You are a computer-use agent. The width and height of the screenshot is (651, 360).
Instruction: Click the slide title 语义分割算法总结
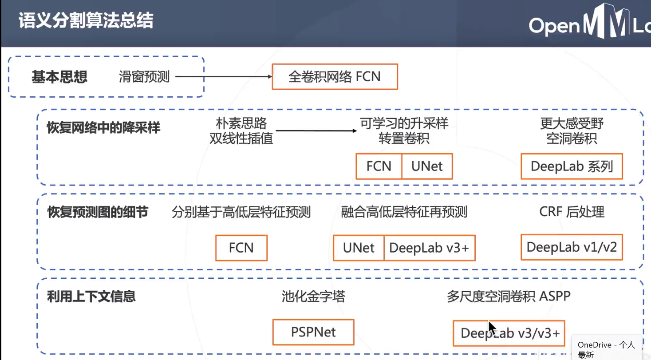pyautogui.click(x=86, y=21)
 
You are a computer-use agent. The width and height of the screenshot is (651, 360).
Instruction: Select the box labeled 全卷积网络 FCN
pyautogui.click(x=335, y=77)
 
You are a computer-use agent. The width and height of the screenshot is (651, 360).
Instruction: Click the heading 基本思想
pyautogui.click(x=59, y=77)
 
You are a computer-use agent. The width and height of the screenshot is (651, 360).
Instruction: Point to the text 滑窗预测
pyautogui.click(x=144, y=77)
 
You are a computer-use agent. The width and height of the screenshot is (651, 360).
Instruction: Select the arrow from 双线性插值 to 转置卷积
pyautogui.click(x=316, y=131)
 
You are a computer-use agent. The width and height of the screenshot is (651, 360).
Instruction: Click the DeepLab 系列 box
pyautogui.click(x=572, y=166)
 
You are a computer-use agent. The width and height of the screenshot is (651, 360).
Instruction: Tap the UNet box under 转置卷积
pyautogui.click(x=427, y=166)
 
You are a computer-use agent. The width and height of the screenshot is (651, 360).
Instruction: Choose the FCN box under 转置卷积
pyautogui.click(x=379, y=166)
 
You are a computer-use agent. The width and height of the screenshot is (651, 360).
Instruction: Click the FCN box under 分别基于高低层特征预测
pyautogui.click(x=241, y=248)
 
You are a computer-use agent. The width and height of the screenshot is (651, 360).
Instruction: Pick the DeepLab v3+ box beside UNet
pyautogui.click(x=429, y=248)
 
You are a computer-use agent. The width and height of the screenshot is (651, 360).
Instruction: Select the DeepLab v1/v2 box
pyautogui.click(x=572, y=247)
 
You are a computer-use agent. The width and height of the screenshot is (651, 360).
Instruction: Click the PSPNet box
pyautogui.click(x=313, y=332)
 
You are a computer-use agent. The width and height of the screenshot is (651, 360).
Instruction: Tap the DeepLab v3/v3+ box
pyautogui.click(x=509, y=333)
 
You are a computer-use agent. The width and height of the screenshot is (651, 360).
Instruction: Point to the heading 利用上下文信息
pyautogui.click(x=91, y=297)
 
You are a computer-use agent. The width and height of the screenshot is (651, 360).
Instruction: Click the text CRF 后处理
pyautogui.click(x=572, y=212)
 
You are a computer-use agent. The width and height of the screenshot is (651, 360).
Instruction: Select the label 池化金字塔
pyautogui.click(x=313, y=297)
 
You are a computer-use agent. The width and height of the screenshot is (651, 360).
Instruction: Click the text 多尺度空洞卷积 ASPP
pyautogui.click(x=509, y=297)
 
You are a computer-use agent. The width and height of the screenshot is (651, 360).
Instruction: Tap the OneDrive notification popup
pyautogui.click(x=606, y=348)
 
